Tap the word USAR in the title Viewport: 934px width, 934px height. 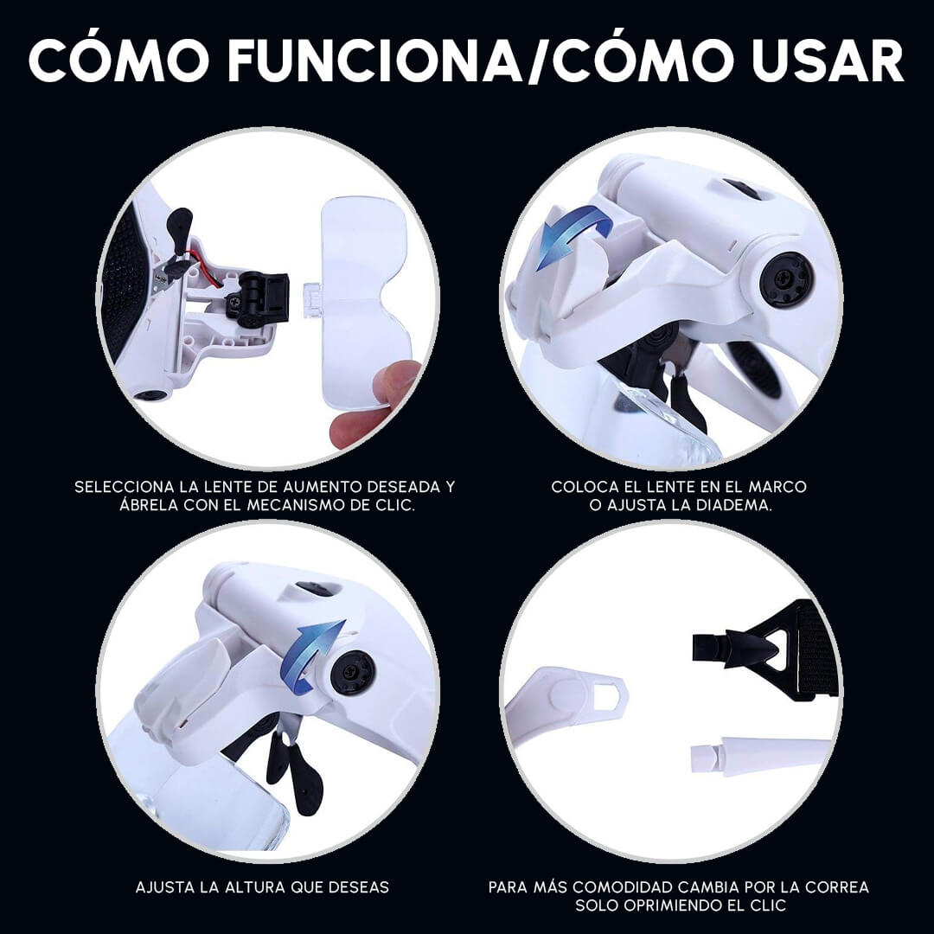pos(828,61)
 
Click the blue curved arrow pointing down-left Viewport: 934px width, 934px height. pos(571,234)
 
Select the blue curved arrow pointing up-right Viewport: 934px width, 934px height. pos(314,653)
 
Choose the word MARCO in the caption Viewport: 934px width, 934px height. pos(777,487)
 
